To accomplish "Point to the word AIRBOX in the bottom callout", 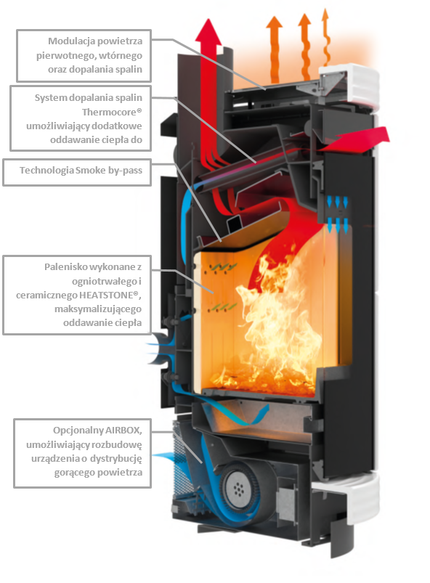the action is coord(123,431).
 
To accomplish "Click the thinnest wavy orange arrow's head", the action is coord(325,14).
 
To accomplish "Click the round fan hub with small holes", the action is coord(238,489).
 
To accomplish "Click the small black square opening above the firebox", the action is coord(235,224).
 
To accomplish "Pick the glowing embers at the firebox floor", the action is coord(260,379).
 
